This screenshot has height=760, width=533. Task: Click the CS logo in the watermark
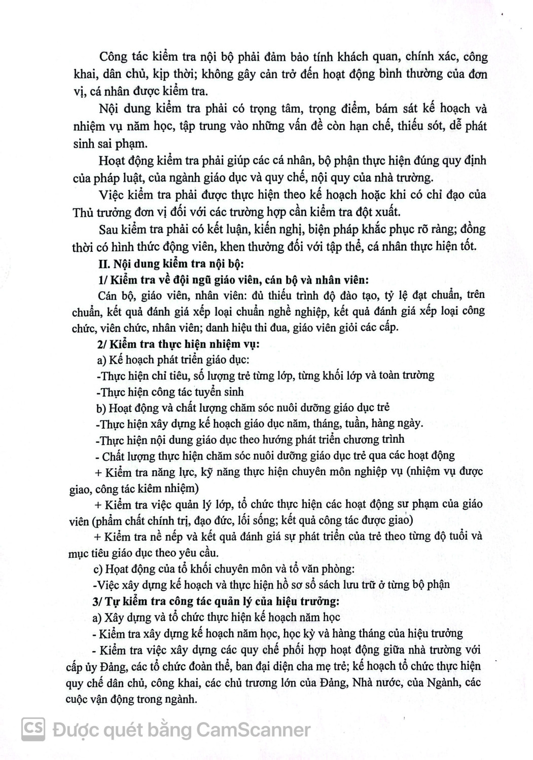33,730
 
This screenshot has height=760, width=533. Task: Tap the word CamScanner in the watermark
253,730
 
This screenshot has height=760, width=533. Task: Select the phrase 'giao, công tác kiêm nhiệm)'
134,489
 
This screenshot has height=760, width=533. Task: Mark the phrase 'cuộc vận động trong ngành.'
131,699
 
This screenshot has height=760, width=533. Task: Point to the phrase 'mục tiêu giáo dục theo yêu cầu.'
144,552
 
